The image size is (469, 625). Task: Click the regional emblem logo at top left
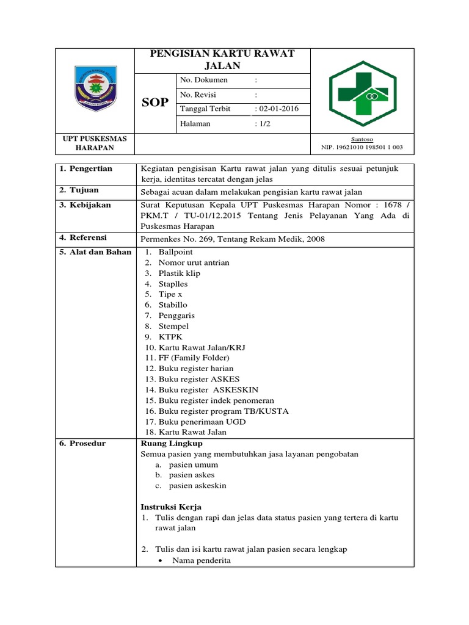tap(94, 90)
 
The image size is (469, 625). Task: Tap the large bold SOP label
tap(155, 103)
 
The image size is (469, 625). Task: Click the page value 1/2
tap(262, 123)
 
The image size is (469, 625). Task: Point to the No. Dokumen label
tap(203, 80)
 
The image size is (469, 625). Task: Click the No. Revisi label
tap(198, 95)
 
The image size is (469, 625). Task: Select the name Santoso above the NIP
tap(362, 139)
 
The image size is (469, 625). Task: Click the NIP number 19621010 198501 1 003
tap(362, 148)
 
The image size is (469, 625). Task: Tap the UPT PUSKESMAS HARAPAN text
tap(95, 143)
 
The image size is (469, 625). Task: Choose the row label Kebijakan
tap(89, 205)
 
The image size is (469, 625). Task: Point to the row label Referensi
tap(87, 237)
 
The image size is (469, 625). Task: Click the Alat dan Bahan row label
tap(95, 252)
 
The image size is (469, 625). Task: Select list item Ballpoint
tap(175, 252)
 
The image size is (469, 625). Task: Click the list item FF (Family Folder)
tap(194, 358)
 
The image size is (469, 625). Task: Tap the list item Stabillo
tap(173, 305)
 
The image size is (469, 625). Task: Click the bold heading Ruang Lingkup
tap(171, 443)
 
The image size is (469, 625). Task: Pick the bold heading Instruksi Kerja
tap(171, 507)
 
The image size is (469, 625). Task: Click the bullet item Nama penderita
tap(201, 560)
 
